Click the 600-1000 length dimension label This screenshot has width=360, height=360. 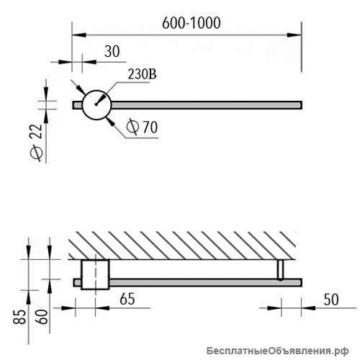[x=192, y=23]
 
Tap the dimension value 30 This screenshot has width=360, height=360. [x=112, y=51]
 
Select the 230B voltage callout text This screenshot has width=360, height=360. [x=142, y=74]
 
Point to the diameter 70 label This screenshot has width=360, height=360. [x=142, y=127]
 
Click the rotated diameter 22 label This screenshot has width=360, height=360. [x=36, y=143]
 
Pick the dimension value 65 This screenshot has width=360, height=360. [x=127, y=299]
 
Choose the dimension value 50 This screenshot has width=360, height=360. [x=331, y=300]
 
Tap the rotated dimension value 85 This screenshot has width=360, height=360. [x=19, y=317]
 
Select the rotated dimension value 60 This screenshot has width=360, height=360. [x=42, y=317]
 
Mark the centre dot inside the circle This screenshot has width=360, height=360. [x=96, y=104]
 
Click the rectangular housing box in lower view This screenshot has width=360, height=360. [x=95, y=274]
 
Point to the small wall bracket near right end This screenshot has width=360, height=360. [x=280, y=270]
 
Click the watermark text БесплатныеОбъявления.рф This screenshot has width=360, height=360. [x=277, y=351]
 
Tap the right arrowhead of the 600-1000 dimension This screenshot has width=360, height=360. [x=294, y=35]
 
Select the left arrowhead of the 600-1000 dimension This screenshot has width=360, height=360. [x=79, y=35]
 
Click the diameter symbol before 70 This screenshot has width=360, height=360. [x=132, y=127]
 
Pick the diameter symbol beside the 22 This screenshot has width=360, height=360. [x=36, y=153]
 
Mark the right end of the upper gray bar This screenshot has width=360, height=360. [x=302, y=105]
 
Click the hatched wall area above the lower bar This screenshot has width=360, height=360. [x=181, y=246]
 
